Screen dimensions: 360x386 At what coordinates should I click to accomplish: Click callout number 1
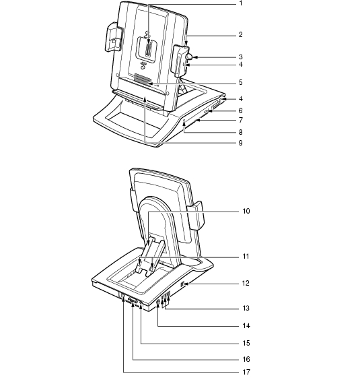tap(241, 3)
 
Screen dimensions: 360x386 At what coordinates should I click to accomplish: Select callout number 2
tap(240, 35)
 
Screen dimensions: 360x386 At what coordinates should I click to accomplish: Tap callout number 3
tap(240, 57)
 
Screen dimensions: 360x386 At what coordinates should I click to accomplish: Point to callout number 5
tap(240, 82)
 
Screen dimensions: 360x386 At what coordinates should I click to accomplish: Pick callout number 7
tap(240, 120)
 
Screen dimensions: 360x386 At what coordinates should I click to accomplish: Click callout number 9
tap(240, 143)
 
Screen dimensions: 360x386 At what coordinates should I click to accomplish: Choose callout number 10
tap(246, 212)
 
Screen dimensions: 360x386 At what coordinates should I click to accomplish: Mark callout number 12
tap(246, 284)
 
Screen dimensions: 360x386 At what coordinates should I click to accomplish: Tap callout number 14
tap(246, 326)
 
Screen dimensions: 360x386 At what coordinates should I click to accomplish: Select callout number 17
tap(246, 372)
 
